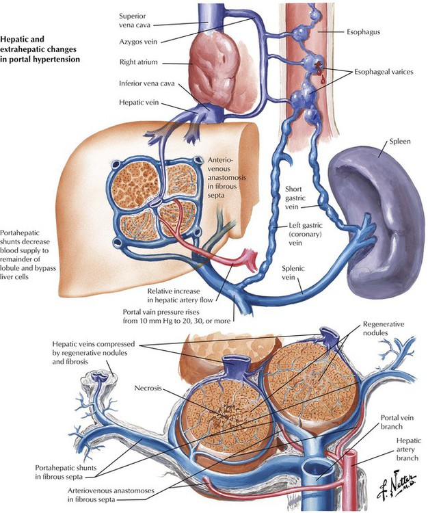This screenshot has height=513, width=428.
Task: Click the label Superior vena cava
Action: point(133,21)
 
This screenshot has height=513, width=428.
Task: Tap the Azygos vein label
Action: point(138,42)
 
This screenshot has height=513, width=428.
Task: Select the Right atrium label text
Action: point(138,62)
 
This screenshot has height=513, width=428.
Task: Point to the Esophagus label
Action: point(363,32)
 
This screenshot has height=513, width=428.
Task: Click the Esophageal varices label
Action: point(384,72)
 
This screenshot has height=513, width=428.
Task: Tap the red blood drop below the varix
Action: point(323,79)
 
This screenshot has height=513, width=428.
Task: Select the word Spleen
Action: point(399,142)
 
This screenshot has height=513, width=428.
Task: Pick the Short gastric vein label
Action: point(295,198)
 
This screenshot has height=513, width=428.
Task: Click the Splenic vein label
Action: point(293,273)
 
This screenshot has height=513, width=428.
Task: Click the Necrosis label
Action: point(148,388)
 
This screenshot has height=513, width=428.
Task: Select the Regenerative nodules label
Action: point(383,328)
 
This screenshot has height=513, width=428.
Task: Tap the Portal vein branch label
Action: point(397,422)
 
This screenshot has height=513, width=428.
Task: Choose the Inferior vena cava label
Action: point(146,83)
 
